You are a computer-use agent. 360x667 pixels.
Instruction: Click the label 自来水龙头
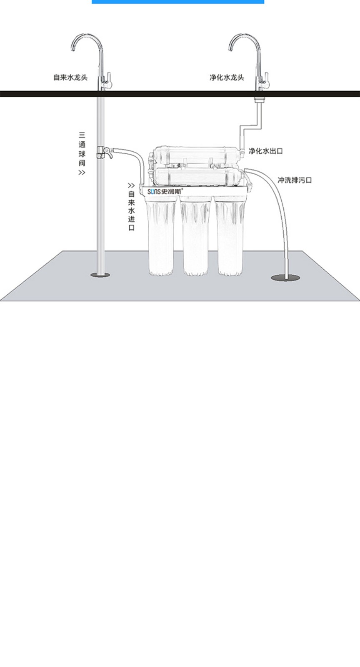coord(70,78)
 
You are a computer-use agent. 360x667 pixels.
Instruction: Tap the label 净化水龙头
coord(227,78)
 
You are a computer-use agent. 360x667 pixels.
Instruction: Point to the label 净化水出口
coord(266,151)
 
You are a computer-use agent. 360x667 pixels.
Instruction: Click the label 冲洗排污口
coord(295,180)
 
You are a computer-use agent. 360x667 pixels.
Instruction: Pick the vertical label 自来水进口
coord(131,211)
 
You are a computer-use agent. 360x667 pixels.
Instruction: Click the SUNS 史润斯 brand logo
coord(165,191)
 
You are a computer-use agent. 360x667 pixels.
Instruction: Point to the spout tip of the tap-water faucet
coord(73,50)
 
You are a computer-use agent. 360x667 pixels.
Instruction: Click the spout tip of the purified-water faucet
coord(230,50)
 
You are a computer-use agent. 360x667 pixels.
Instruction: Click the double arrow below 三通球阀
coord(82,173)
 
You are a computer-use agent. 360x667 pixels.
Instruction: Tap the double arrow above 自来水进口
coord(131,186)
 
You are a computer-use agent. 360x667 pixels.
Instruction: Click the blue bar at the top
coord(178,2)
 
